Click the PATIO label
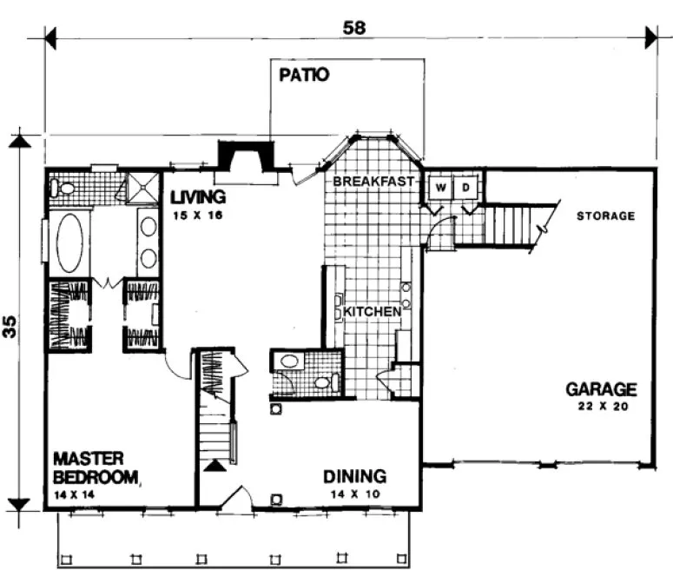click(304, 75)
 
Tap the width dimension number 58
click(355, 27)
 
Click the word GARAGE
click(601, 388)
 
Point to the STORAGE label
click(606, 216)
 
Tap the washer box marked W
click(440, 187)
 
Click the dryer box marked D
click(465, 187)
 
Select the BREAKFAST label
click(373, 182)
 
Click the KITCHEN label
click(372, 310)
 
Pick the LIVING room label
click(198, 196)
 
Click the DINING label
click(354, 476)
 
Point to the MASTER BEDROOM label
click(94, 467)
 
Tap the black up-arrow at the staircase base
click(214, 466)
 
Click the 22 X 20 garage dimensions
click(601, 406)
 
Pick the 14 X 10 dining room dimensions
click(354, 494)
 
